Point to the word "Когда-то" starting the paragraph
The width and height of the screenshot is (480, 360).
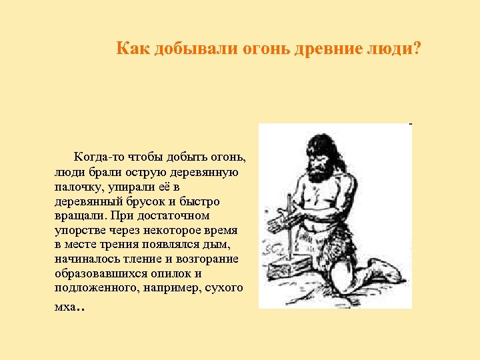[97, 158]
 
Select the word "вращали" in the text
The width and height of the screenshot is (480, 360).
[79, 216]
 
